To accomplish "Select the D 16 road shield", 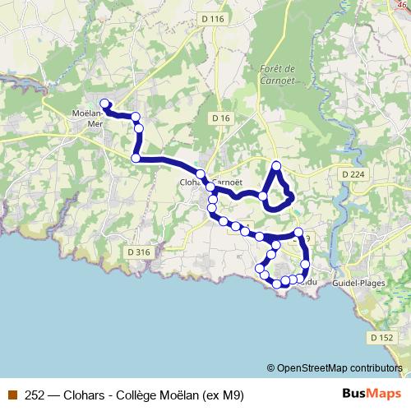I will (x=220, y=118).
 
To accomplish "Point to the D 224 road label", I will (x=351, y=173).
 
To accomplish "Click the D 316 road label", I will (x=140, y=252).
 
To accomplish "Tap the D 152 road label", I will (x=381, y=338).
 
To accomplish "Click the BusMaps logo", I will (x=372, y=394).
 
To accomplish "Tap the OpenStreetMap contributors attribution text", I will (x=339, y=368).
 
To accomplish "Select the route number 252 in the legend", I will (x=35, y=394).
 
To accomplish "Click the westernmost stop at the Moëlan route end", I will (x=104, y=104).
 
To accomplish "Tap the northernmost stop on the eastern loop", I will (x=276, y=167).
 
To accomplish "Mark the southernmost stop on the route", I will (x=278, y=284).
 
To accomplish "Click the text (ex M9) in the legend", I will (x=221, y=394).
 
